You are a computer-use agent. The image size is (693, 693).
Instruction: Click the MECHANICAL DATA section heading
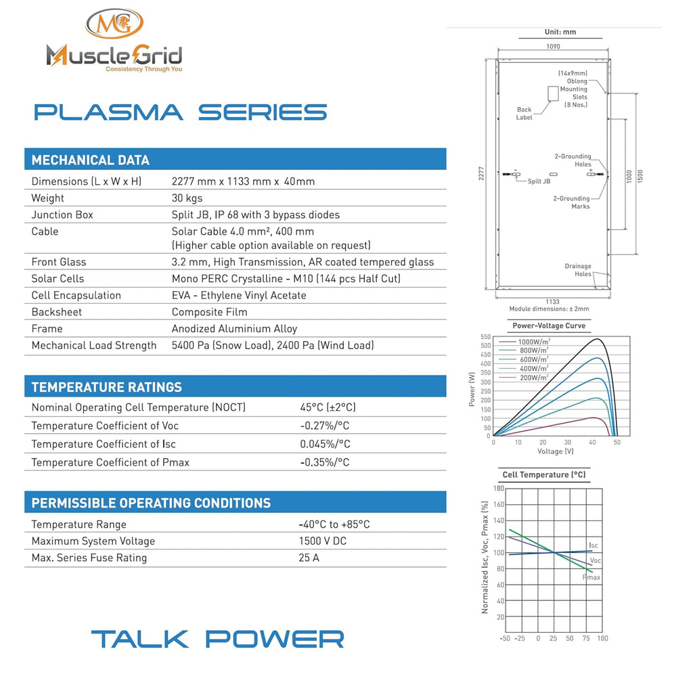tap(91, 160)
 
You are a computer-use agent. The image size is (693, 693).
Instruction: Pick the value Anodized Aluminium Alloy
tap(234, 329)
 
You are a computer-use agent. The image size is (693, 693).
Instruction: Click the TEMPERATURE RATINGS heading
tap(107, 387)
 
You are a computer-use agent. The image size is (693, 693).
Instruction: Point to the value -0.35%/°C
tap(325, 462)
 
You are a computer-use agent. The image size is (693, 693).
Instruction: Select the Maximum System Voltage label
tap(93, 541)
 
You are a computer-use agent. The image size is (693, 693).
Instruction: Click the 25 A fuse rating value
tap(308, 558)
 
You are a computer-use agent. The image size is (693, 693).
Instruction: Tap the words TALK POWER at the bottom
tap(217, 639)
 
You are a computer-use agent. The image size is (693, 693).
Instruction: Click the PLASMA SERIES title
tap(180, 112)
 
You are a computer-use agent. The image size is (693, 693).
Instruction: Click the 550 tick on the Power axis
tap(485, 336)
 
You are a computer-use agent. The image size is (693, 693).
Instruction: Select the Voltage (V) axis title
tap(555, 451)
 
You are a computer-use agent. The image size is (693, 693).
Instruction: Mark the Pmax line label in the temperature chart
tap(591, 577)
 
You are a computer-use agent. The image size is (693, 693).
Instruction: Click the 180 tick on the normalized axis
tap(499, 488)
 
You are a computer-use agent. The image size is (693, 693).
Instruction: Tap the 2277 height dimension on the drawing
tap(481, 174)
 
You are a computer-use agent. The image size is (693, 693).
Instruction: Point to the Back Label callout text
tap(524, 114)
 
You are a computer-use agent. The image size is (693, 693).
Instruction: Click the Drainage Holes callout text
tap(578, 270)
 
